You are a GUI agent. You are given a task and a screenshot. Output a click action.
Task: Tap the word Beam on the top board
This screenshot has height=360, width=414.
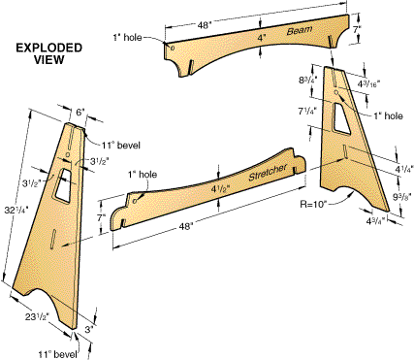[x=300, y=30]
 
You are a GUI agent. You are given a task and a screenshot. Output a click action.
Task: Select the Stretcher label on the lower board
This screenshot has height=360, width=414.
[x=268, y=172]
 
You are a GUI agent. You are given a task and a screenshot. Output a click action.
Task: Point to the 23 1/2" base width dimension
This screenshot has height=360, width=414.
[x=38, y=316]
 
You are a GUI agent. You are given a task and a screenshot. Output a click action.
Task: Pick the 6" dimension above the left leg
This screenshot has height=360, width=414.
[x=80, y=113]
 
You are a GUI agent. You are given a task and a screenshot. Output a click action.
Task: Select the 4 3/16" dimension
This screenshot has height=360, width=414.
[x=368, y=84]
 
